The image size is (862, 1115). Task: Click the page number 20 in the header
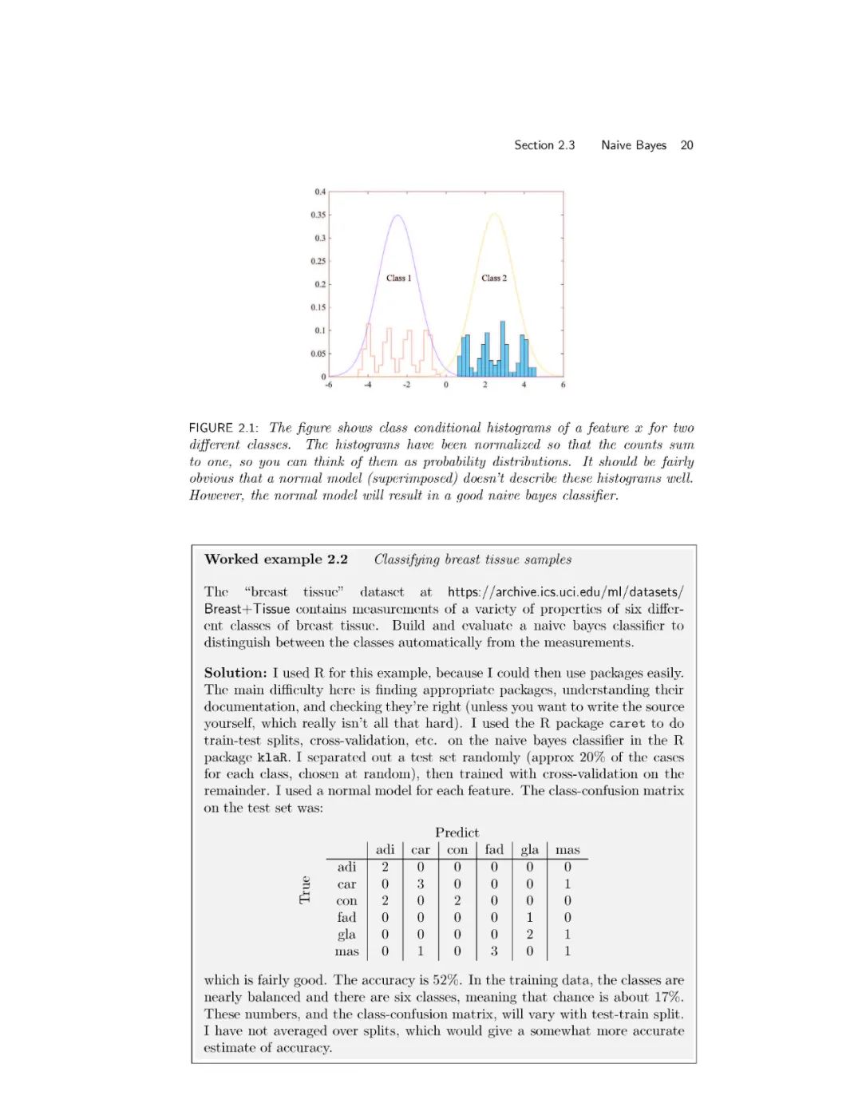pos(686,145)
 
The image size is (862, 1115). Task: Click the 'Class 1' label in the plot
pos(398,278)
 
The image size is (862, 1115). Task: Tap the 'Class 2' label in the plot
pos(494,278)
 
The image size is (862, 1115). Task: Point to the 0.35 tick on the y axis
pos(318,215)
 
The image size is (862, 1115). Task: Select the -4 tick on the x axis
pos(368,385)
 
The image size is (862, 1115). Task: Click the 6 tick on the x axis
pos(563,385)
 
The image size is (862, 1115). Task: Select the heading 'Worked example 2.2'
pos(276,559)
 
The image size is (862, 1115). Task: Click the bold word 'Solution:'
pos(235,673)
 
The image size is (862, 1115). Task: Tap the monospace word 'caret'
pos(627,724)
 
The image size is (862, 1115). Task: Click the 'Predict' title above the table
pos(457,832)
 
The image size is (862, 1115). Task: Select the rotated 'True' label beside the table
pos(304,889)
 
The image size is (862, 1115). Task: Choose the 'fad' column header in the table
pos(494,850)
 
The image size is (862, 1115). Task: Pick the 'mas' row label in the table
pos(346,951)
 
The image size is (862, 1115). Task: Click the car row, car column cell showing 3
pos(421,884)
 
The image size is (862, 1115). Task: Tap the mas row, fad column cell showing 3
pos(494,951)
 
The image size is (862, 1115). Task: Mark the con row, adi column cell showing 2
pos(385,901)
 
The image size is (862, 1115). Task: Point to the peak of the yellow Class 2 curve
pos(495,213)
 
